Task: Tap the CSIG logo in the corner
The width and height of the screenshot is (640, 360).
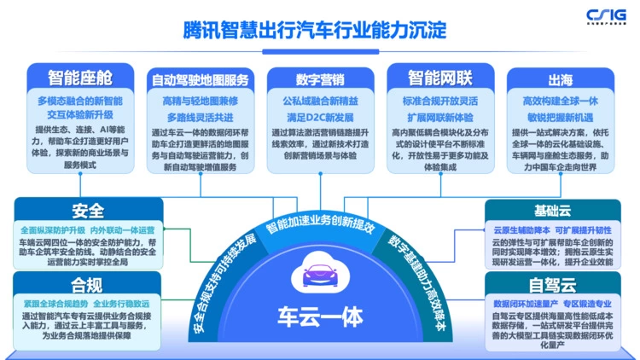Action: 607,15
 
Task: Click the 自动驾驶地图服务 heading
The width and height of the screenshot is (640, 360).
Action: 200,79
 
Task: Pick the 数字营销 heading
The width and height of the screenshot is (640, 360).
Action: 320,79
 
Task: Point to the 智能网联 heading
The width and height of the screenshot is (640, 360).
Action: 439,78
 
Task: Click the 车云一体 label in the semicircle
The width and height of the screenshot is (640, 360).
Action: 320,312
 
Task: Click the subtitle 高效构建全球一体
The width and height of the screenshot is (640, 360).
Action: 560,100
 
